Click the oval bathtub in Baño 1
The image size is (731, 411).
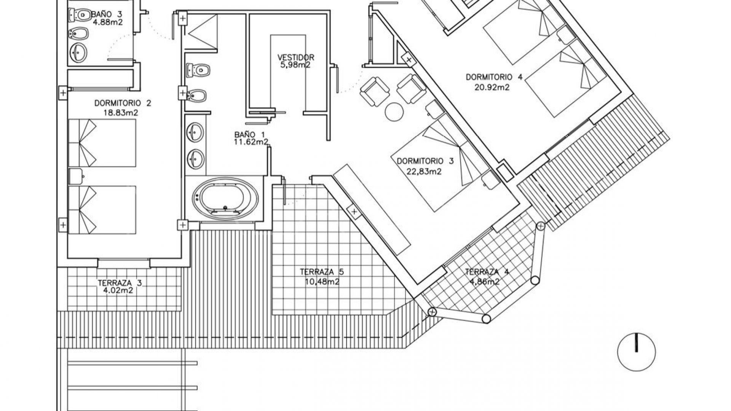point(225,199)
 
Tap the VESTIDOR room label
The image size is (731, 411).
point(296,57)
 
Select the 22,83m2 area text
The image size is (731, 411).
point(424,171)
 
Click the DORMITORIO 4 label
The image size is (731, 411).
point(494,77)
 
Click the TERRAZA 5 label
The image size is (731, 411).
point(322,272)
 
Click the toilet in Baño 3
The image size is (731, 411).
point(79,15)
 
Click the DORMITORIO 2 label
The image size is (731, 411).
point(123,103)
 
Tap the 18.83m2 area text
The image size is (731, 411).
point(120,113)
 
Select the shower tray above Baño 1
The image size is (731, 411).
point(201,32)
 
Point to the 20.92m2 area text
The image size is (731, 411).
point(492,87)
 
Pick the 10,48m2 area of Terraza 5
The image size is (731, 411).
point(322,282)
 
